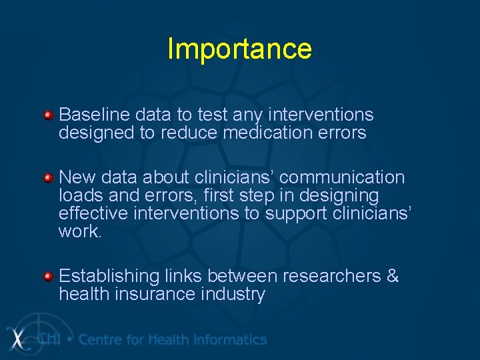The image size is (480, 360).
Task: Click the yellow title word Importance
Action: pos(239,49)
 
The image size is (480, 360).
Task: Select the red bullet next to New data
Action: pos(49,179)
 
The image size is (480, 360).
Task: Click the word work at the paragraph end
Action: pos(79,232)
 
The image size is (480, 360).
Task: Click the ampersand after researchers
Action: pos(392,276)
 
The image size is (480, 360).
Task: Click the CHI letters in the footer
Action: pos(49,339)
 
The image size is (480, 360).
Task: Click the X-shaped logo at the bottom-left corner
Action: pos(20,338)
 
